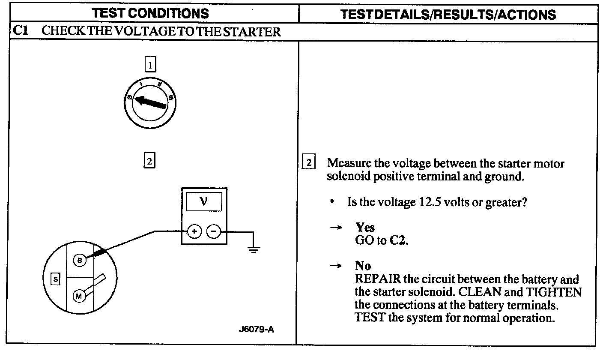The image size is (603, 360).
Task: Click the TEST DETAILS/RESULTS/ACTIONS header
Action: [448, 14]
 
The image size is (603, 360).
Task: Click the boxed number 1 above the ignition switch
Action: [149, 65]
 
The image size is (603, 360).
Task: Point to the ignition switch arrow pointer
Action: [150, 103]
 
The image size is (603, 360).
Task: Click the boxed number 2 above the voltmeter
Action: [149, 162]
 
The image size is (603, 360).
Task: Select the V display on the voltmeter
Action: [204, 201]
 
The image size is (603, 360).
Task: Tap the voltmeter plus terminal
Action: [194, 232]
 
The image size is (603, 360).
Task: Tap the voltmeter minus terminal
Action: [214, 232]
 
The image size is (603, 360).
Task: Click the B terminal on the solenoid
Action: [79, 260]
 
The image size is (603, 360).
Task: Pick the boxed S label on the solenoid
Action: [55, 279]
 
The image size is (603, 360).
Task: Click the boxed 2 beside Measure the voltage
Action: [309, 163]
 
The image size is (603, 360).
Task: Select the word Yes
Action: [364, 227]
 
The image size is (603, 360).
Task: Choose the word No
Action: [363, 266]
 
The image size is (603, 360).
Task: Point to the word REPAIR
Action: [378, 279]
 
